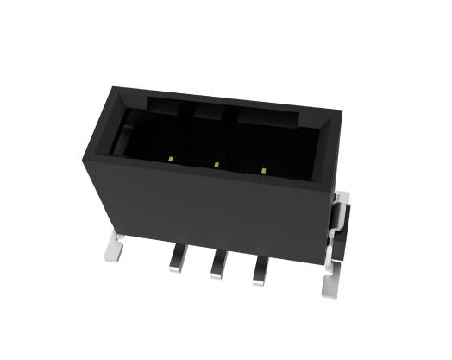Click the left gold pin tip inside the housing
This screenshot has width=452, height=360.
point(173,160)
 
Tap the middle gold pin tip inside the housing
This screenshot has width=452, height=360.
point(217,164)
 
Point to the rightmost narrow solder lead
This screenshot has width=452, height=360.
point(259,272)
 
